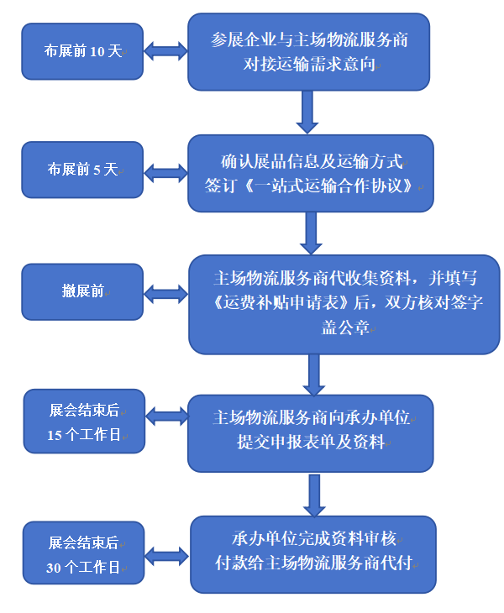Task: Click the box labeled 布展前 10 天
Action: [x=82, y=51]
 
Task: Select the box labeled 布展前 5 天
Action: [x=82, y=170]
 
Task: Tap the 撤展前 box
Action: [x=82, y=291]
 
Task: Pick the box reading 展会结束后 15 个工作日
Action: [x=84, y=422]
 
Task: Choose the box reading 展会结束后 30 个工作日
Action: [x=83, y=553]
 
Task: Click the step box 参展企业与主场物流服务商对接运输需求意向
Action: [x=308, y=51]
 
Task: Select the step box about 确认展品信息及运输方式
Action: [x=311, y=173]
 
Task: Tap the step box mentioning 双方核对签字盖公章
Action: [x=344, y=304]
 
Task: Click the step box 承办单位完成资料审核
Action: [x=313, y=554]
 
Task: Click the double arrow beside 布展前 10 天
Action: [x=165, y=51]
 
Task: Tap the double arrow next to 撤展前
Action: [x=165, y=294]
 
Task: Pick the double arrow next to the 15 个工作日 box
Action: [x=167, y=417]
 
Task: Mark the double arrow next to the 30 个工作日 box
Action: [x=167, y=555]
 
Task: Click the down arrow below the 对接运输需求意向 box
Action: [x=307, y=111]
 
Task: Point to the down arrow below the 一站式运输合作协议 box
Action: [x=312, y=233]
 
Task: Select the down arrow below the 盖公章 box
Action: [x=314, y=374]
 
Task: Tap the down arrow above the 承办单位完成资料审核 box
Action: [x=314, y=495]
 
